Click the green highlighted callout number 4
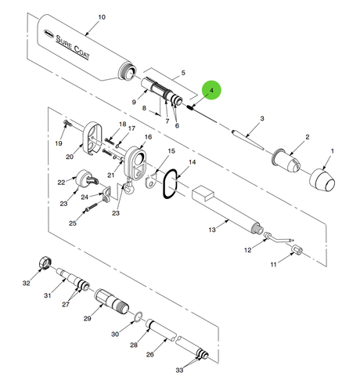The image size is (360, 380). tap(211, 90)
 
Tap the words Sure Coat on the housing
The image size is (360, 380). tap(73, 47)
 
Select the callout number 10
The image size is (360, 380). tap(102, 17)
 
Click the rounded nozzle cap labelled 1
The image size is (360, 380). tap(322, 179)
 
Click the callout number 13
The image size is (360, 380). tap(212, 230)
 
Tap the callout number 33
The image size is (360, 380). tap(179, 370)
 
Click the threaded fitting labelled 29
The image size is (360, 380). tap(111, 300)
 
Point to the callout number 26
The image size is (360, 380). tap(149, 354)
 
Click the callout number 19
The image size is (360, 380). tap(59, 143)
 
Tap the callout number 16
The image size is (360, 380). tap(148, 137)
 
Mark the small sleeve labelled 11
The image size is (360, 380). tap(297, 249)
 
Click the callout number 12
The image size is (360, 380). tap(247, 250)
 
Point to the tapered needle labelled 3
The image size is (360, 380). tap(247, 139)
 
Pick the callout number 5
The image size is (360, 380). tap(183, 73)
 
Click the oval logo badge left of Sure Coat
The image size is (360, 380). tap(48, 32)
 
